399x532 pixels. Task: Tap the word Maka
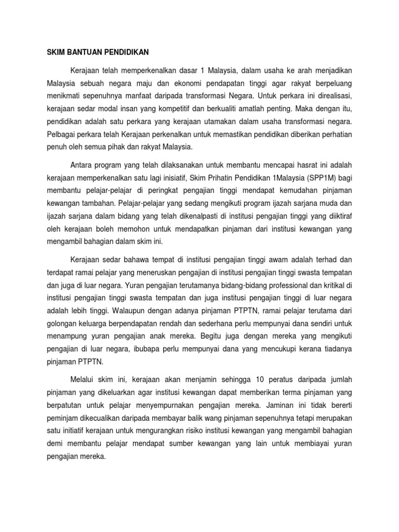(x=304, y=110)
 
